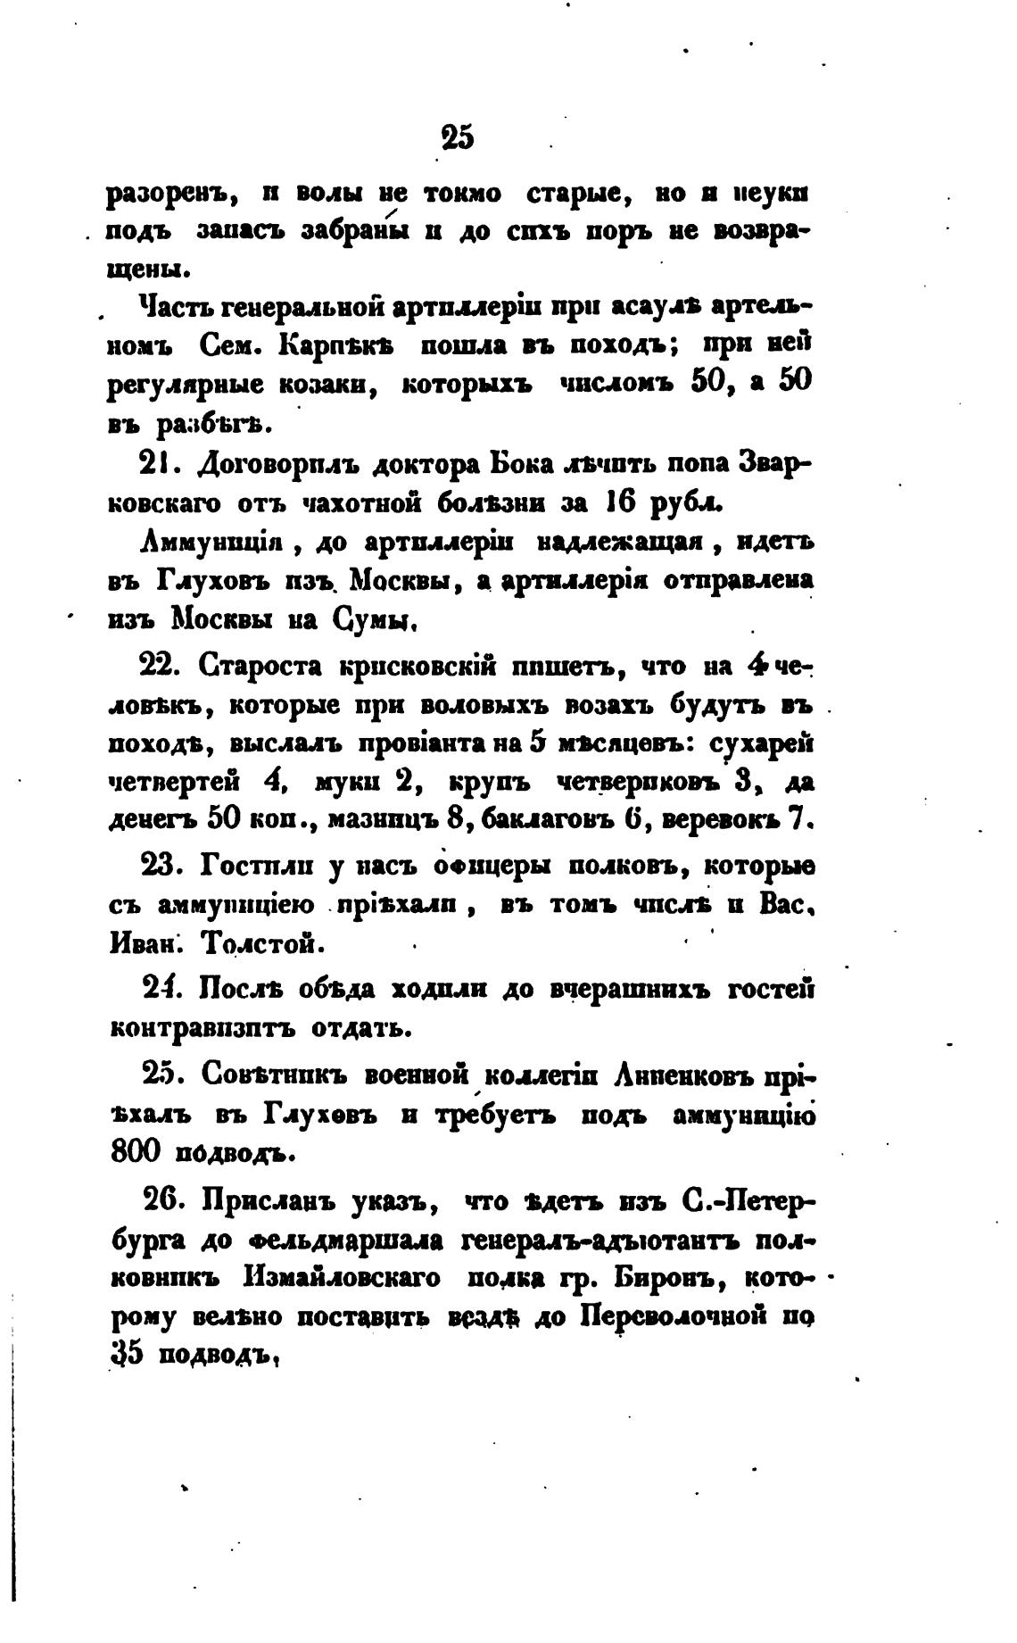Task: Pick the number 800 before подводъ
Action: pos(135,1152)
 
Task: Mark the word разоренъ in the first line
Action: pos(169,193)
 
